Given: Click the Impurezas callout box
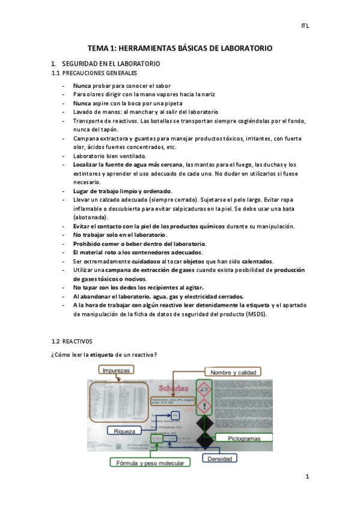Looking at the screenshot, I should [x=116, y=370].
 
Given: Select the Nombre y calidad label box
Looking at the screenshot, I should [x=233, y=372].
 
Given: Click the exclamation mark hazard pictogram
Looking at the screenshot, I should [x=205, y=407].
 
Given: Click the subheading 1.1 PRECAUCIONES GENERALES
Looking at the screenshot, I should [x=94, y=73].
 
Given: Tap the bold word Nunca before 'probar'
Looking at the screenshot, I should [x=82, y=85].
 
